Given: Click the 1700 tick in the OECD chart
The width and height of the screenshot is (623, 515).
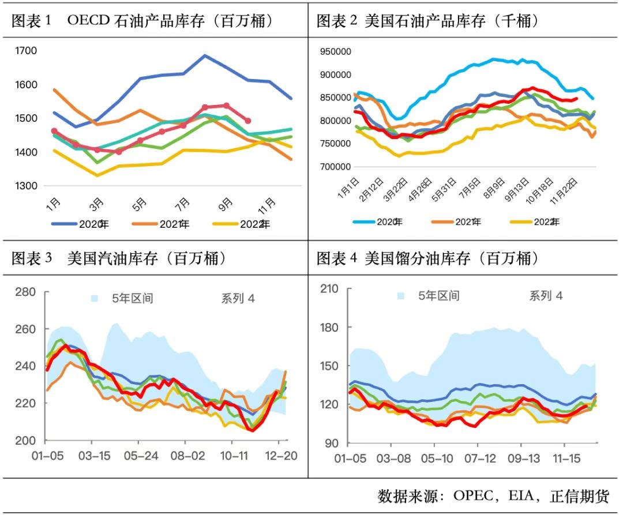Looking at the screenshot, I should [26, 51].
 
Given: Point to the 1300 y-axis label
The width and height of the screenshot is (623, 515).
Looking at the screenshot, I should [26, 186].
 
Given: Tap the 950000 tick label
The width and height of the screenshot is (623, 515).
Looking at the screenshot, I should [335, 51].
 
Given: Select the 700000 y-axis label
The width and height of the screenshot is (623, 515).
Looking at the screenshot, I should [335, 167].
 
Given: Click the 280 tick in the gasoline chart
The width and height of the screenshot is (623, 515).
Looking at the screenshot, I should [25, 292].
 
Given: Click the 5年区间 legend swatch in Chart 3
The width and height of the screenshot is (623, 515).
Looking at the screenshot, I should [95, 298].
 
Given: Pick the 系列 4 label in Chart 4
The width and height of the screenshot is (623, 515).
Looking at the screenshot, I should [546, 296].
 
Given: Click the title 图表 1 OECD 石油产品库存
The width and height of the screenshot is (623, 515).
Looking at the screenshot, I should [142, 21].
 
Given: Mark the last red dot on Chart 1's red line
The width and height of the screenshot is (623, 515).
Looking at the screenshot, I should [247, 121].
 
